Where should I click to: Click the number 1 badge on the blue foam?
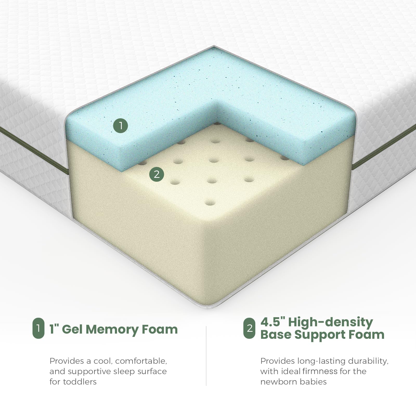120,126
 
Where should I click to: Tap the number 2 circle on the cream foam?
157,174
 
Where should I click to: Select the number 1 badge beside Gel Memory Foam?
38,329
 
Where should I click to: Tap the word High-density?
330,323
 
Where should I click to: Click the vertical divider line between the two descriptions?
206,356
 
